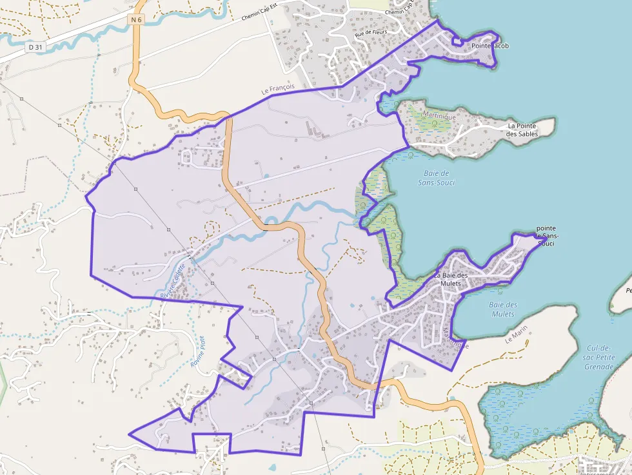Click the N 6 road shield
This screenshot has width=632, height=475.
pyautogui.click(x=135, y=20)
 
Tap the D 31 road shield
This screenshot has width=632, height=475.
pyautogui.click(x=36, y=47)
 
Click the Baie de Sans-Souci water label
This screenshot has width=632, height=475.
pyautogui.click(x=440, y=178)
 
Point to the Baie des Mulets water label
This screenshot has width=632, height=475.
pyautogui.click(x=502, y=309)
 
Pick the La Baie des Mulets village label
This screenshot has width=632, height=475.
pyautogui.click(x=459, y=280)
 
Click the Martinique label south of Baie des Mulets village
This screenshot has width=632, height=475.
pyautogui.click(x=455, y=339)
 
